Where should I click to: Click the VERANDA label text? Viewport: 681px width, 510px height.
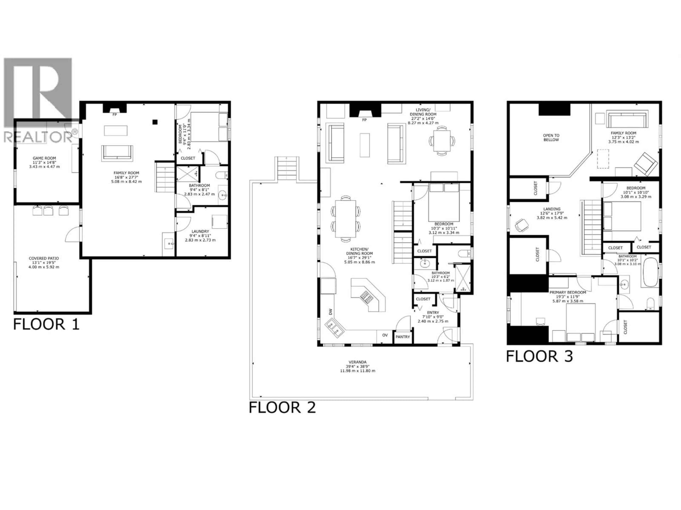click(x=357, y=362)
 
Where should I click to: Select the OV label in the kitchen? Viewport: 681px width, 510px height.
click(x=385, y=335)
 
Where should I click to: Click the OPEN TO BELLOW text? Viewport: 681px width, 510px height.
click(x=551, y=137)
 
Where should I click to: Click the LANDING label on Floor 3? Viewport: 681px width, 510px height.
click(x=552, y=209)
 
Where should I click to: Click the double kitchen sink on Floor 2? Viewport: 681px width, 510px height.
click(x=335, y=327)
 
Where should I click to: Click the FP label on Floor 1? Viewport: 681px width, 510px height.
click(x=115, y=114)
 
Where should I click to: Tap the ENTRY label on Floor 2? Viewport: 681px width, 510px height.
click(x=433, y=313)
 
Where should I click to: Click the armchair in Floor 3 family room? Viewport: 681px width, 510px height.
click(x=646, y=164)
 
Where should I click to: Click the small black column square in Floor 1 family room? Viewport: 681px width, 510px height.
click(x=155, y=122)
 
